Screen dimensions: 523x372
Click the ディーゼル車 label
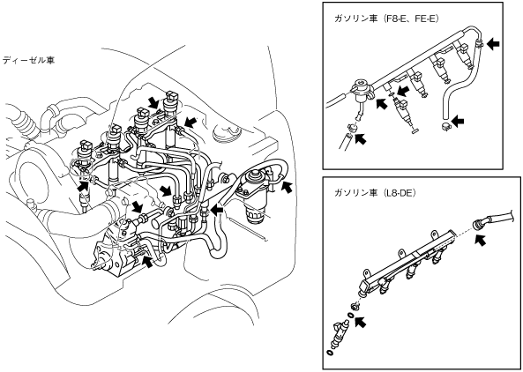[28, 60]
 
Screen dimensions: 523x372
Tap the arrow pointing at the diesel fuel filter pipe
[288, 187]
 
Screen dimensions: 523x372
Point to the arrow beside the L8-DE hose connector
[480, 241]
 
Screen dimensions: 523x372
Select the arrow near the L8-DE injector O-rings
[360, 322]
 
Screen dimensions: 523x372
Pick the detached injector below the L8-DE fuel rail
[338, 338]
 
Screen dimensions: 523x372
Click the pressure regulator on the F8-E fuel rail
[362, 91]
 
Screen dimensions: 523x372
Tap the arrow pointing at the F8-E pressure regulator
[382, 103]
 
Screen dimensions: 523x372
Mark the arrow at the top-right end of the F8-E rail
[493, 44]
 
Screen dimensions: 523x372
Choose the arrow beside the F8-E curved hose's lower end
[458, 121]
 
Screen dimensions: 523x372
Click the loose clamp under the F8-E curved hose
[445, 126]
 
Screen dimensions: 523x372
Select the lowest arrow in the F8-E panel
[360, 139]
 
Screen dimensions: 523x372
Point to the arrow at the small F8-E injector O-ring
[403, 90]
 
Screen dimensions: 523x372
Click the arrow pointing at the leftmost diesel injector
[84, 186]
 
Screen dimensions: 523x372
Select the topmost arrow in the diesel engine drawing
[154, 102]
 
